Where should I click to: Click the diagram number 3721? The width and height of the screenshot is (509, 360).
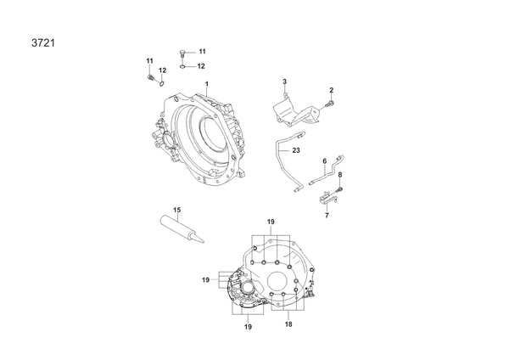coord(43,43)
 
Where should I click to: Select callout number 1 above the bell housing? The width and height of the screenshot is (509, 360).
coord(207,84)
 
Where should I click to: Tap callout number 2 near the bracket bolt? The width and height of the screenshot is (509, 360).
coord(332,90)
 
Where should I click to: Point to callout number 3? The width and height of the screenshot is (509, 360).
coord(285,82)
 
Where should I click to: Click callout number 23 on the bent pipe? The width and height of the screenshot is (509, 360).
coord(296,150)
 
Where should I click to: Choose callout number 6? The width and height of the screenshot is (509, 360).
coord(325,161)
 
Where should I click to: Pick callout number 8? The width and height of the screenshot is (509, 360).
coord(340,175)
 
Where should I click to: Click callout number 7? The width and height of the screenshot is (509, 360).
coord(327,215)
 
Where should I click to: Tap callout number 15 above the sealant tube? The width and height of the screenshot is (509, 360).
coord(176,210)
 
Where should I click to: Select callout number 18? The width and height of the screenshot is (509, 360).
coord(288,324)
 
